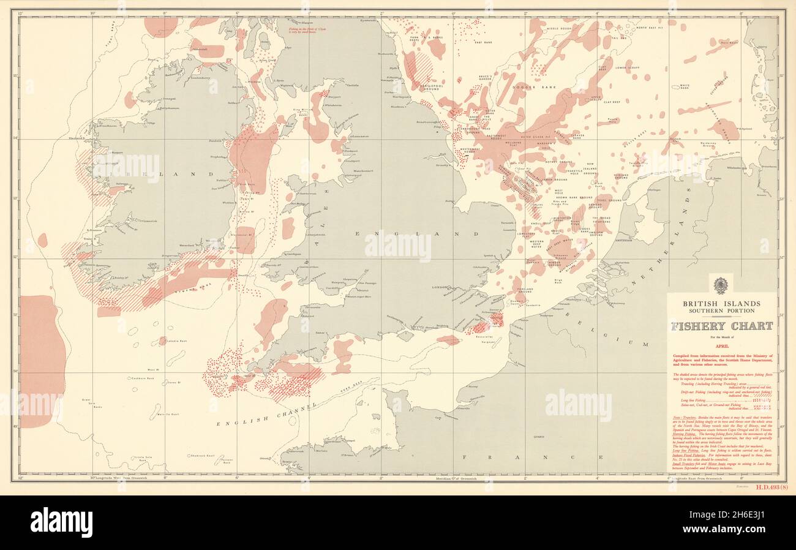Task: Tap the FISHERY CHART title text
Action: click(722, 326)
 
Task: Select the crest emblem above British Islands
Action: click(721, 286)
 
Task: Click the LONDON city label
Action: click(441, 287)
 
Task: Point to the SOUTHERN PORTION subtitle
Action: click(722, 311)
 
